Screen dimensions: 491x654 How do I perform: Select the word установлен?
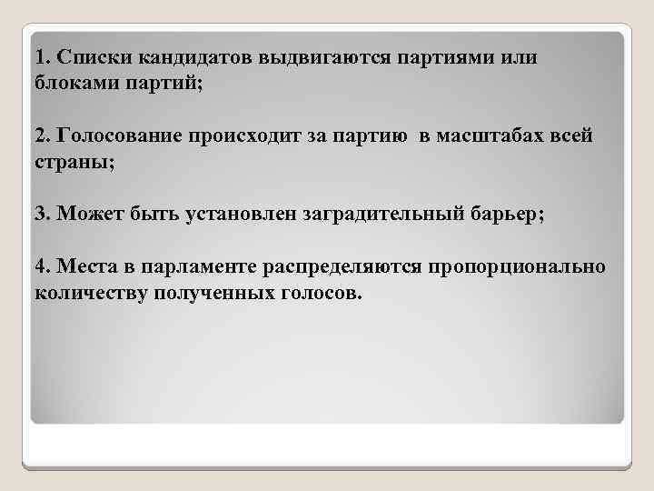click(x=238, y=214)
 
